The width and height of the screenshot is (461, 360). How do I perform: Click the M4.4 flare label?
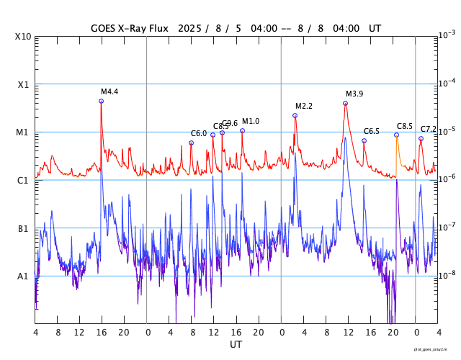109,91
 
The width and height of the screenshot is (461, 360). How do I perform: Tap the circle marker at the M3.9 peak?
346,103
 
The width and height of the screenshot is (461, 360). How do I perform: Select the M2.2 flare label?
304,106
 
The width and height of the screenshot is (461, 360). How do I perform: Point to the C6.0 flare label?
199,133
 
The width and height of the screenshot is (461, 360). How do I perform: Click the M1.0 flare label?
251,121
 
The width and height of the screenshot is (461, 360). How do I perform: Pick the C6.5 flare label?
372,131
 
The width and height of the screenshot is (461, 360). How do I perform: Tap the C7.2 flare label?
429,129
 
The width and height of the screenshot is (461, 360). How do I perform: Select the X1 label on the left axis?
23,84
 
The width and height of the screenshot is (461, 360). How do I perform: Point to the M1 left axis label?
23,132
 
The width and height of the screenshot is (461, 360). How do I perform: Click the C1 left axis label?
23,180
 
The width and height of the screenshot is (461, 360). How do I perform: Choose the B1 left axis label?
23,228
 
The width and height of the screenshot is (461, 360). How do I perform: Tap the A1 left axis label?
23,276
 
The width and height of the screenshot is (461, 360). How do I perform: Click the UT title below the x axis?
236,345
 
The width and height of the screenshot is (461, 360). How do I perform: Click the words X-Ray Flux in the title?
144,28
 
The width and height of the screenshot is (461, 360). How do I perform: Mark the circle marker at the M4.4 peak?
101,101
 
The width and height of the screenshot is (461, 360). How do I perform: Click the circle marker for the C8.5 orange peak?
396,135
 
